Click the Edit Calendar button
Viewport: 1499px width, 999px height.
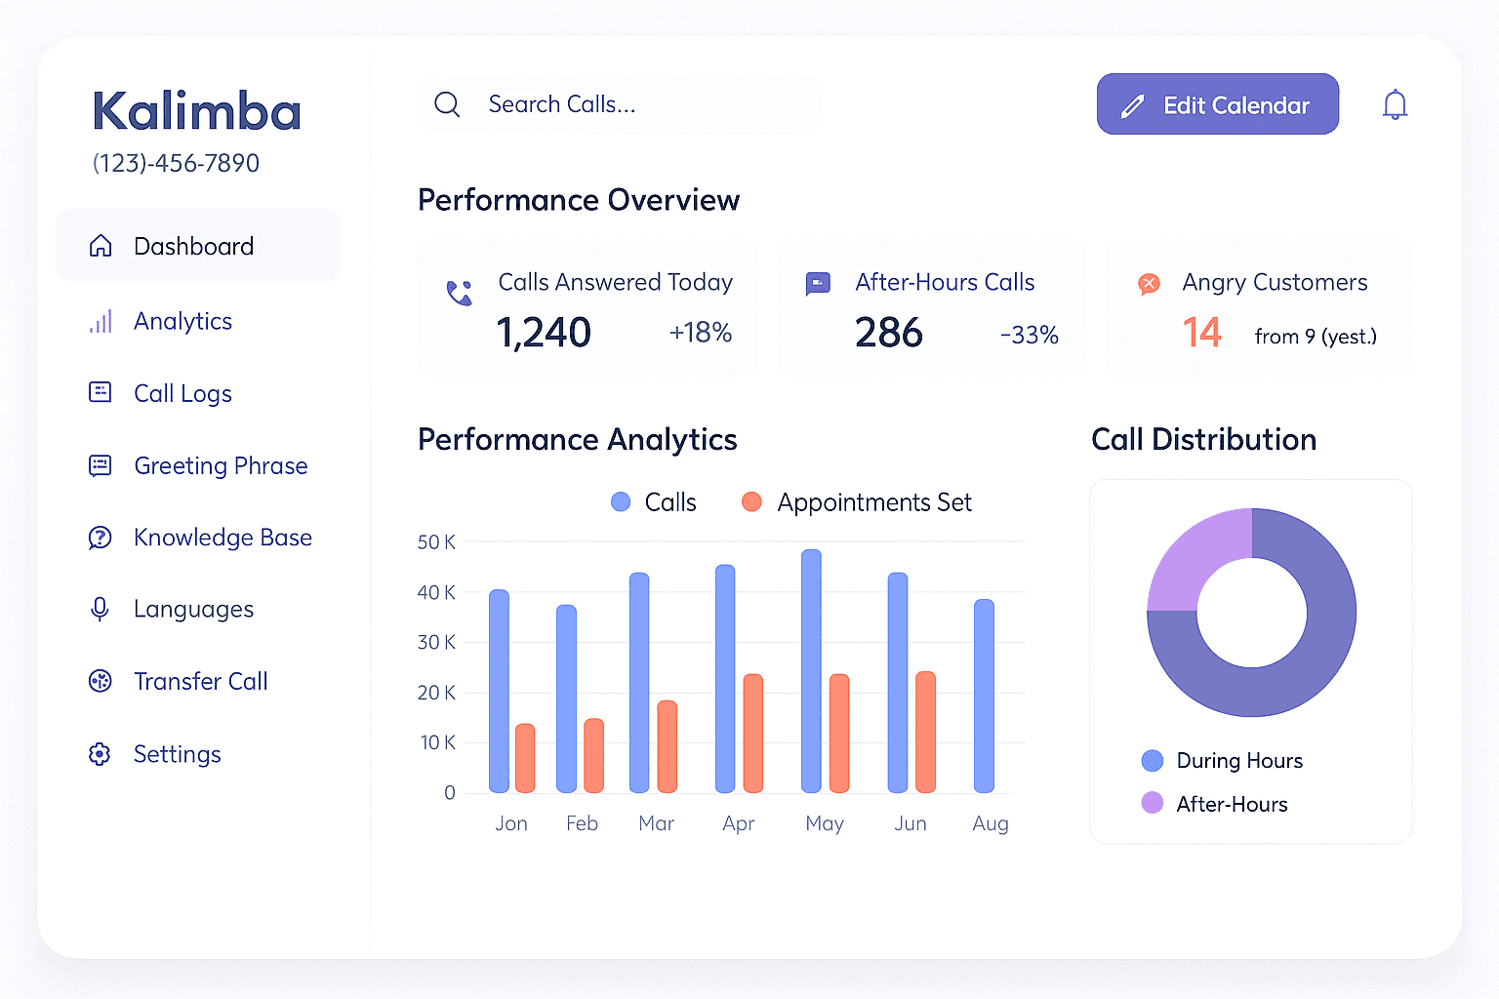1217,104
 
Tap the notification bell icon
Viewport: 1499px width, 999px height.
1395,105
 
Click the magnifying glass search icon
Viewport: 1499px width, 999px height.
447,104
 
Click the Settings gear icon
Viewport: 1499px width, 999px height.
100,754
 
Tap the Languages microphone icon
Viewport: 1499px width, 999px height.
100,609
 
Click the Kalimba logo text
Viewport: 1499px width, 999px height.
197,109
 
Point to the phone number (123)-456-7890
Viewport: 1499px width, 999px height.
176,163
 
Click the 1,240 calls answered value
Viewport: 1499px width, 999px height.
544,333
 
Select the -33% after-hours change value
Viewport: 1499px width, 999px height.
1030,335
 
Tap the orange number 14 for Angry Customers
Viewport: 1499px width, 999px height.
1202,333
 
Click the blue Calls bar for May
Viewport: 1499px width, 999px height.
811,671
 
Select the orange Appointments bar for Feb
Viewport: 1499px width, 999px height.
593,755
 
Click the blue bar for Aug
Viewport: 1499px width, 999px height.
984,696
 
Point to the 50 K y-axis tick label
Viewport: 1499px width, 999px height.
436,542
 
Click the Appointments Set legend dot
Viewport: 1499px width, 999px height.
751,501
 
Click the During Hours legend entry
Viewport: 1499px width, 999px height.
1222,760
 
